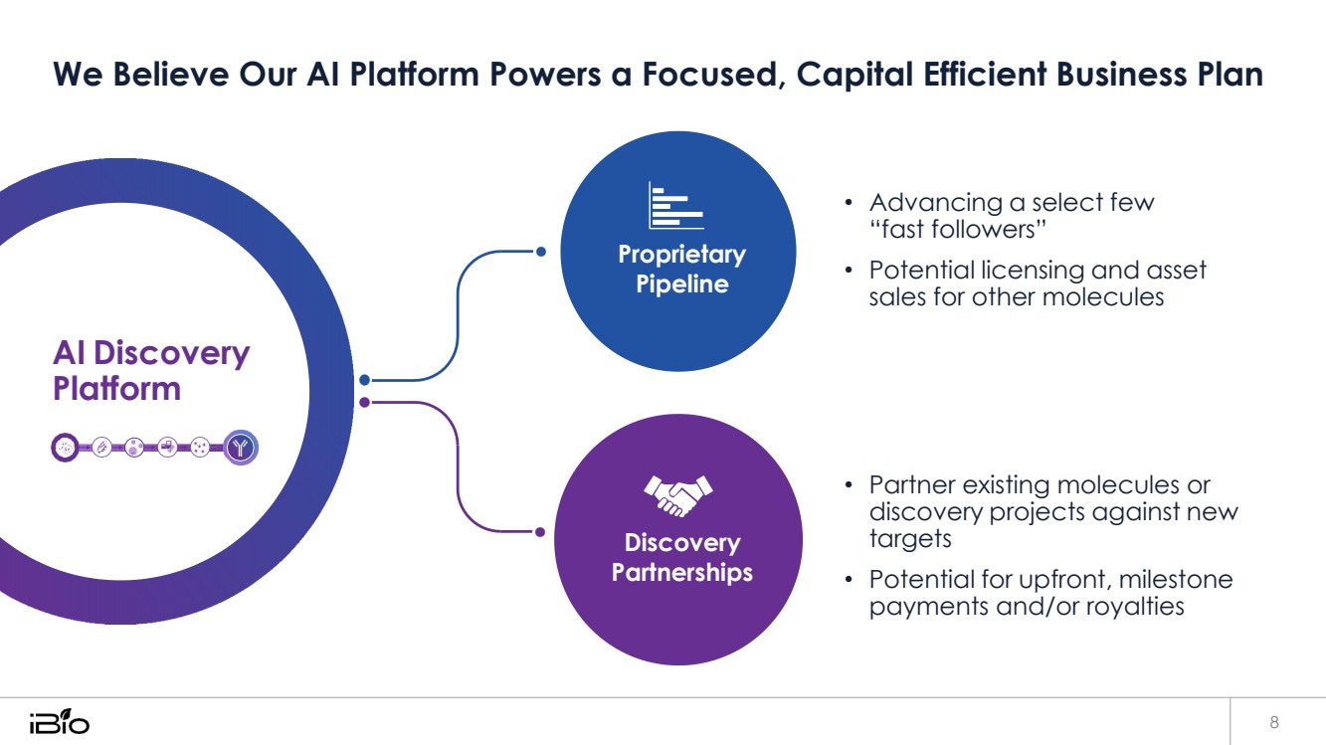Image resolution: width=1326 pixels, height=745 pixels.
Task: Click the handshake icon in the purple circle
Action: [679, 494]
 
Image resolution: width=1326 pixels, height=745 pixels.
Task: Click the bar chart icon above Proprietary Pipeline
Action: [675, 206]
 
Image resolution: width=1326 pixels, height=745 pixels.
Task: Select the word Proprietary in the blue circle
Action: [681, 255]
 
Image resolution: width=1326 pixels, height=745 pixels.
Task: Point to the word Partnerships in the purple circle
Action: [681, 573]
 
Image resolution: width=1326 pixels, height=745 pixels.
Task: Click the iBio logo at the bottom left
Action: [59, 721]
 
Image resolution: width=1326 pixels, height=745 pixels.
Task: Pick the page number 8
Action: [1274, 721]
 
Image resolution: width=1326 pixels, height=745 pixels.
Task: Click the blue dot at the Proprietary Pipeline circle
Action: [540, 252]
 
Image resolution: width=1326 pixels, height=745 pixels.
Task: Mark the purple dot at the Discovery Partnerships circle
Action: [540, 532]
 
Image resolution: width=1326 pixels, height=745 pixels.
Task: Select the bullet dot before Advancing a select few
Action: [849, 204]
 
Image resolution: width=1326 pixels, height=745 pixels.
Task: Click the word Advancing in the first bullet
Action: [935, 203]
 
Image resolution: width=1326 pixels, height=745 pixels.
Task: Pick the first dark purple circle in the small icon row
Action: [65, 449]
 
